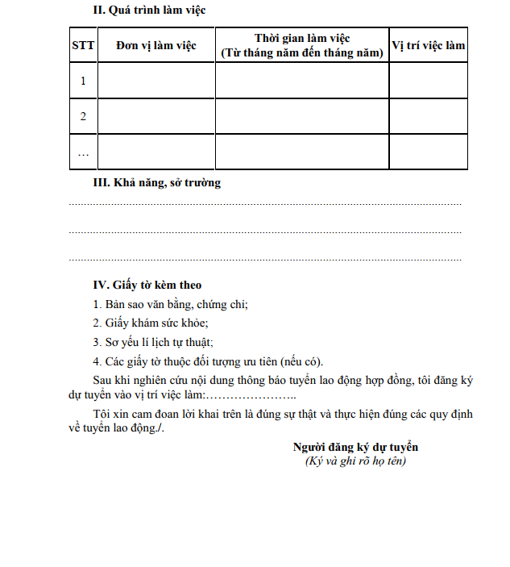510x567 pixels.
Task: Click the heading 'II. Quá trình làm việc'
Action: coord(150,11)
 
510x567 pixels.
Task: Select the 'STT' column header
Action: coord(83,45)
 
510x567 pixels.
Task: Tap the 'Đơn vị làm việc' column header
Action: coord(155,45)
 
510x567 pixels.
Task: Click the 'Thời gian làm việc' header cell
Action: coord(301,45)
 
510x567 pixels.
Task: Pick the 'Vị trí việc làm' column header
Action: coord(428,45)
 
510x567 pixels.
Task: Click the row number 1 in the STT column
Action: coord(83,81)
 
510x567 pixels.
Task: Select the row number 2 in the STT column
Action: coord(83,116)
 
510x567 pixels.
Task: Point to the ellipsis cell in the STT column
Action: coord(83,152)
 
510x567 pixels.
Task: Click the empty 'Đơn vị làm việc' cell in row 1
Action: coord(155,81)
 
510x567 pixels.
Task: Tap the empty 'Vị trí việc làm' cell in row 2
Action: coord(428,116)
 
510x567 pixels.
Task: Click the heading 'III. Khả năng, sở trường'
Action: coord(157,183)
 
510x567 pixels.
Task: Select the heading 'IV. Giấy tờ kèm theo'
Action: coord(147,285)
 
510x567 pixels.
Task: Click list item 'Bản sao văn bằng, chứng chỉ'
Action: coord(170,304)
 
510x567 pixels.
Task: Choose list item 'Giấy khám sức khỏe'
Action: coord(151,323)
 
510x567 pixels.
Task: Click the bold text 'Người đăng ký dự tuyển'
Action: coord(355,447)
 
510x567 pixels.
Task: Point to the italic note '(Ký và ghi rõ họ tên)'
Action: coord(355,461)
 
